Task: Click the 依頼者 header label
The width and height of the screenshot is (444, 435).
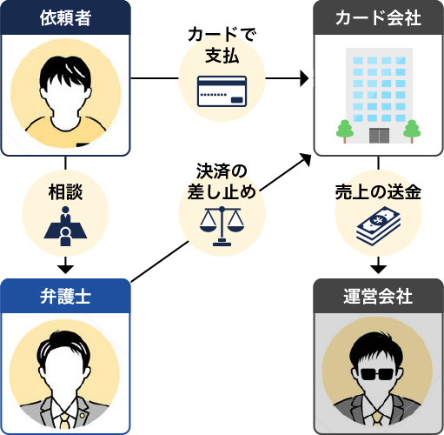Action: (x=66, y=17)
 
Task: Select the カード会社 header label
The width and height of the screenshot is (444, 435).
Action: (x=377, y=17)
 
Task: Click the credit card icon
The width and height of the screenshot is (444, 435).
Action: (x=222, y=91)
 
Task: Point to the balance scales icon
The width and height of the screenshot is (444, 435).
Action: (x=222, y=225)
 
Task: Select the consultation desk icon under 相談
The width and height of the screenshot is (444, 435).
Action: (x=66, y=225)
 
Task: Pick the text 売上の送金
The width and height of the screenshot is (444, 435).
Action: (x=378, y=193)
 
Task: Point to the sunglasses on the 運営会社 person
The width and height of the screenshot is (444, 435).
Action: (x=377, y=375)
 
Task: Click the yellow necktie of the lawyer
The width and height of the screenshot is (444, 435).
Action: (x=66, y=423)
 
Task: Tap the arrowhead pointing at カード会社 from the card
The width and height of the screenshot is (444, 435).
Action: (x=304, y=79)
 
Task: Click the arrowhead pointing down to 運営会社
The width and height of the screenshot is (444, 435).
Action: (x=378, y=266)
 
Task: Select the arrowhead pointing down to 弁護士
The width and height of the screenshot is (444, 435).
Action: (x=66, y=266)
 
